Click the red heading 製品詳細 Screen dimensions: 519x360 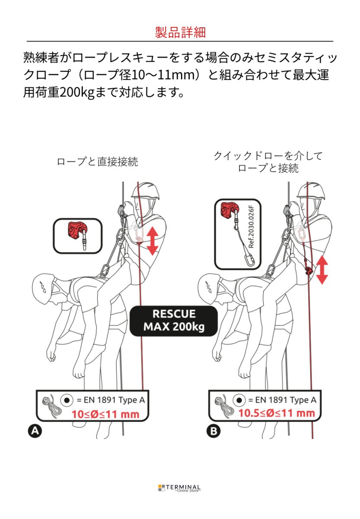tap(180, 32)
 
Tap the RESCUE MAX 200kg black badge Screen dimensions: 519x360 tap(174, 321)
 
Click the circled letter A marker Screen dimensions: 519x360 tap(35, 430)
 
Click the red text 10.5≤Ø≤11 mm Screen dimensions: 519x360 tap(277, 413)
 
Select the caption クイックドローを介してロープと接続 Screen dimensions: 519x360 tap(268, 162)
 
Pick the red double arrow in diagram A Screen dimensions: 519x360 tap(152, 240)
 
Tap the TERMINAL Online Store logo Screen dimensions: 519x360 tap(180, 488)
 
